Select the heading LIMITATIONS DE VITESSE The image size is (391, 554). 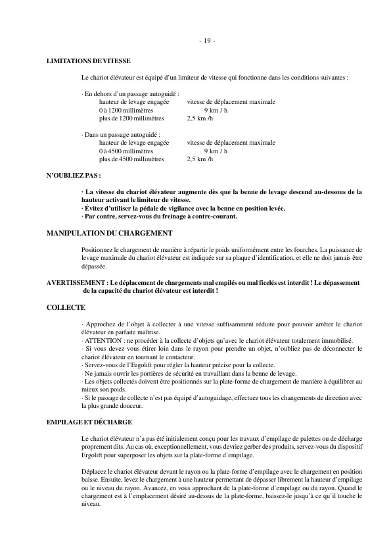(x=89, y=61)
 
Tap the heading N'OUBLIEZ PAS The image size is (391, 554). (x=74, y=177)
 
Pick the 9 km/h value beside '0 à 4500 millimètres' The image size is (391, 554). (x=216, y=151)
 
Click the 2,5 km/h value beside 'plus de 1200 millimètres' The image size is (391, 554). (x=200, y=118)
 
